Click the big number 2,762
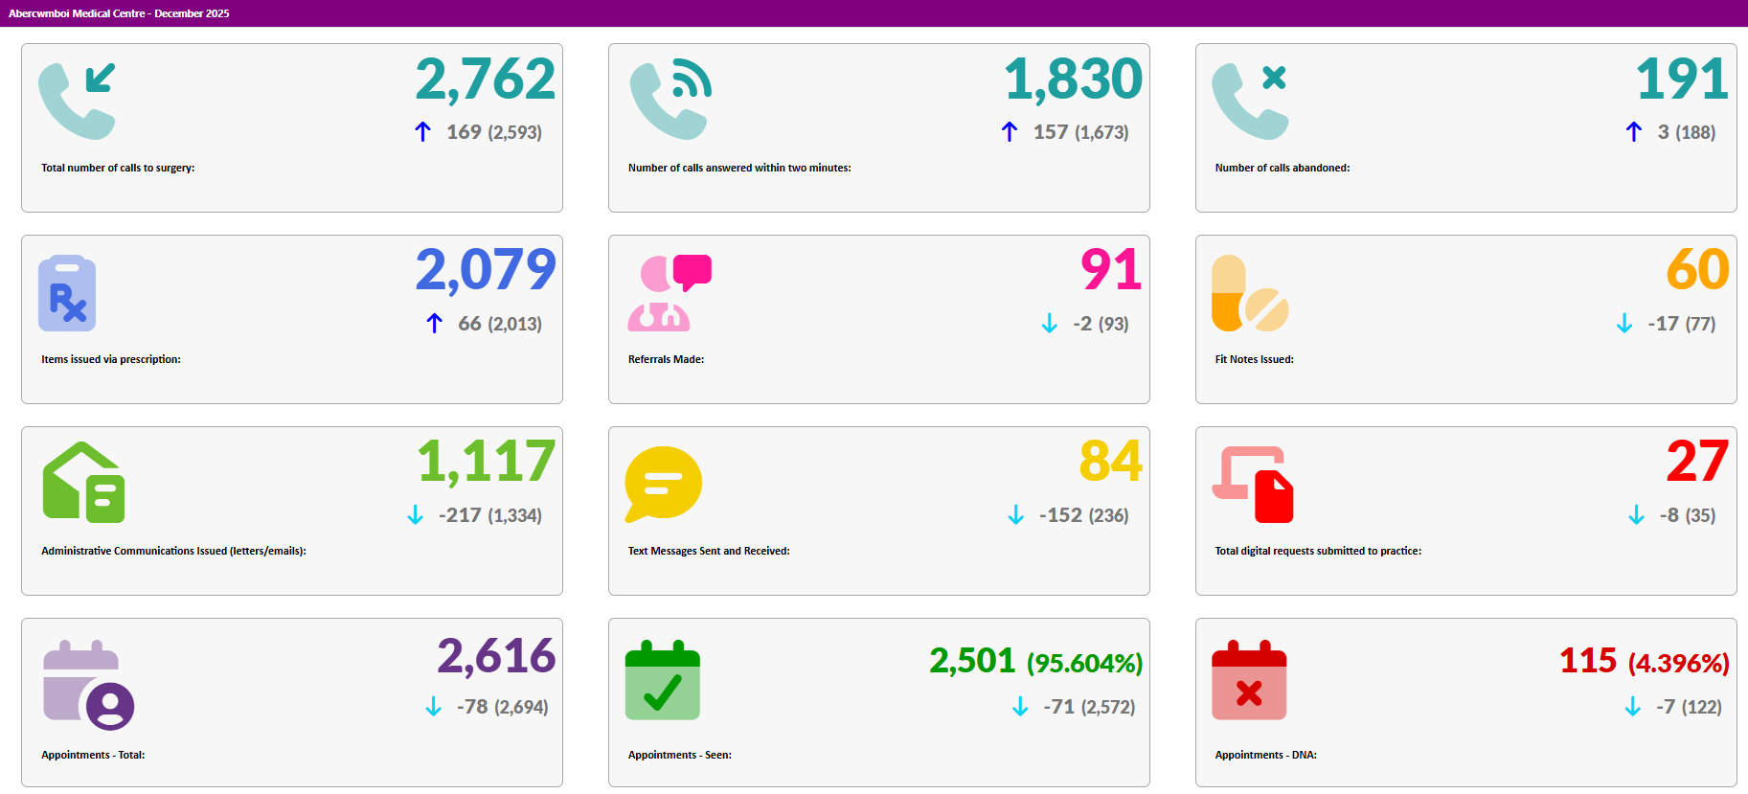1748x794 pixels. pos(485,79)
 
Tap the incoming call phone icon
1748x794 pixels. pos(77,100)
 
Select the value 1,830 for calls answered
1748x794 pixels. pos(1073,79)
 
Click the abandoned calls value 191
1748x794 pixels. pos(1682,79)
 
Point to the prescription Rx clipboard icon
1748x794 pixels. pos(67,293)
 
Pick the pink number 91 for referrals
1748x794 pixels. pos(1111,270)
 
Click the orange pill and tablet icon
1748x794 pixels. pos(1249,293)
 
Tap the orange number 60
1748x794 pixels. pos(1697,270)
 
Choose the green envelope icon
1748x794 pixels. pos(83,483)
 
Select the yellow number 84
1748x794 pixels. pos(1111,462)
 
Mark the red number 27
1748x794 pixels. pos(1697,462)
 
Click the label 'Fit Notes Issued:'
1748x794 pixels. pos(1254,359)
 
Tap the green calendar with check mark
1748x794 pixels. pos(663,680)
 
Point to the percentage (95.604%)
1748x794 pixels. pos(1084,663)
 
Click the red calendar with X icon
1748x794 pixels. pos(1249,680)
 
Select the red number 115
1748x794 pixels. pos(1588,661)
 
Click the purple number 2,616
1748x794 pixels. pos(496,657)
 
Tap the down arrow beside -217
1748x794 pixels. pos(415,515)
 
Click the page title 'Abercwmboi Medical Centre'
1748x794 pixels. pos(77,13)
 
